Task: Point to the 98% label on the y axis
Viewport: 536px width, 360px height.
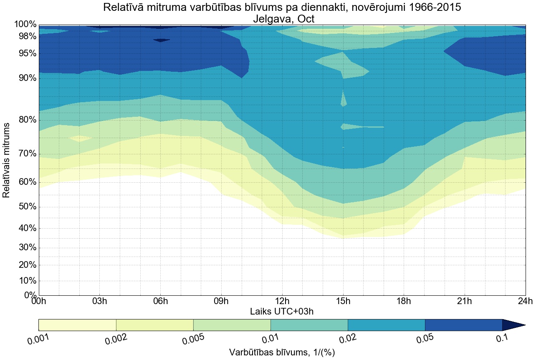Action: point(25,36)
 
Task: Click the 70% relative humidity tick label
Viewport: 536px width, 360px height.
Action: point(25,154)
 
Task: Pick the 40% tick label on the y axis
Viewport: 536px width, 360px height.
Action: point(25,228)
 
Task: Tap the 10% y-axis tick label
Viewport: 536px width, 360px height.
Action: point(25,281)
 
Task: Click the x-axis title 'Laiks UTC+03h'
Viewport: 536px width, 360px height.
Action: point(282,311)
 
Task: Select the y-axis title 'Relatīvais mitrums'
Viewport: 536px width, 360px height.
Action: point(7,160)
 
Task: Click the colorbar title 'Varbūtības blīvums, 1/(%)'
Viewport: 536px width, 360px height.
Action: point(282,352)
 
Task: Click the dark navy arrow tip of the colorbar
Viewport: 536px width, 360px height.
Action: point(513,325)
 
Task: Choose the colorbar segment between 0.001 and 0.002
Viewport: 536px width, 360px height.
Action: point(77,325)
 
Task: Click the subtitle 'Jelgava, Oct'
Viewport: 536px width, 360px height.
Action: point(282,19)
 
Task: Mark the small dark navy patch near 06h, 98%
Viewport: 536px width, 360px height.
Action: point(161,40)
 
